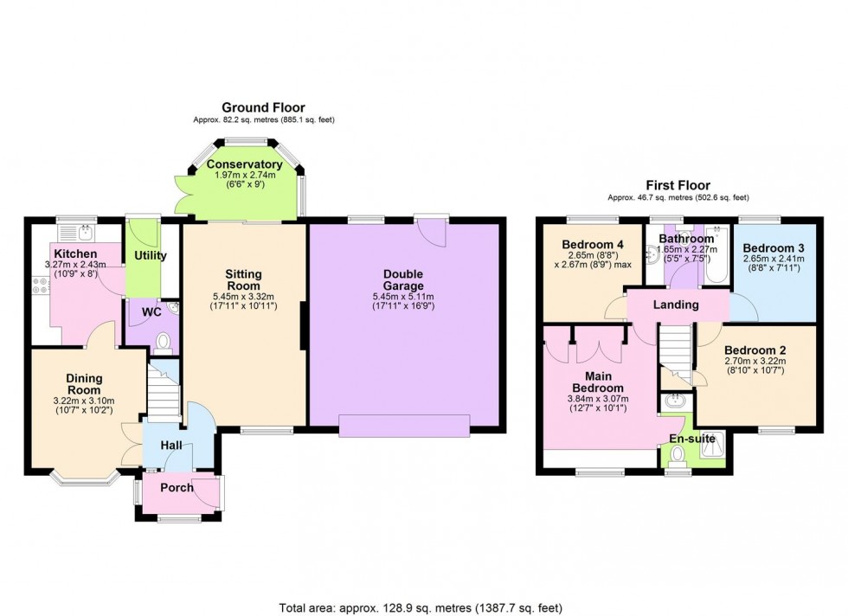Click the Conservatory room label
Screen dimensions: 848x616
click(x=244, y=164)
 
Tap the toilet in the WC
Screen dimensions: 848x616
click(x=163, y=343)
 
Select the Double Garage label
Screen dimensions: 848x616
click(x=403, y=280)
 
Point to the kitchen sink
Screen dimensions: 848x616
click(x=76, y=233)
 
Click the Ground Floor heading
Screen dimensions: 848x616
click(x=263, y=107)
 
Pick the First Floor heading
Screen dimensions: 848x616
click(x=678, y=185)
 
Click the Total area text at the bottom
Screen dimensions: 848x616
click(x=421, y=608)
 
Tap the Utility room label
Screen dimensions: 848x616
click(x=150, y=255)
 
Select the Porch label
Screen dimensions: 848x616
click(x=177, y=487)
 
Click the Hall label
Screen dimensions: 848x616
click(x=171, y=445)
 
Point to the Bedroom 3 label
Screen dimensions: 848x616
click(x=774, y=248)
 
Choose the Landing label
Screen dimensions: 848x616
click(x=676, y=305)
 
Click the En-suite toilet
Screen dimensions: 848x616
click(x=676, y=456)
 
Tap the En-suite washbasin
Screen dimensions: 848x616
click(x=674, y=401)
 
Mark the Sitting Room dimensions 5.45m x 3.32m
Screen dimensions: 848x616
click(x=243, y=297)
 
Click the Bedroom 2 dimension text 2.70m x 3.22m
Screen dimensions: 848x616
click(x=755, y=362)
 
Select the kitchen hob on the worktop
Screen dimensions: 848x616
click(x=40, y=285)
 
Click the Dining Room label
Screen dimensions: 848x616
click(x=84, y=384)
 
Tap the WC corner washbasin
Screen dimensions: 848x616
click(x=174, y=308)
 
